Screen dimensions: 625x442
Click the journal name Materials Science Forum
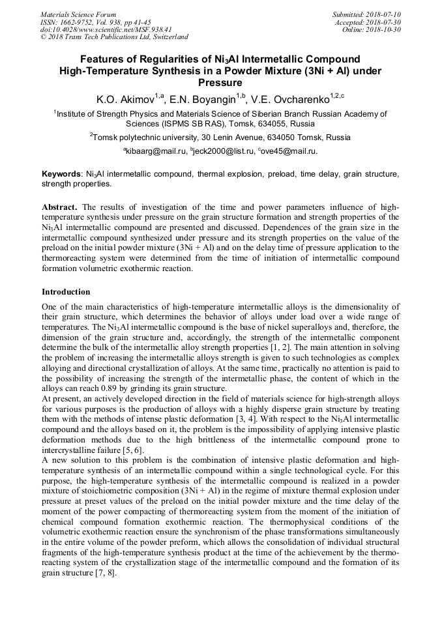pyautogui.click(x=78, y=14)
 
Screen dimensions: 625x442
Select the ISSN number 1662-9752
pyautogui.click(x=83, y=22)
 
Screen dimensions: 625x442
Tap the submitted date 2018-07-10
pyautogui.click(x=384, y=14)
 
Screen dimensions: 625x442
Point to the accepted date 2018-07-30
pyautogui.click(x=384, y=22)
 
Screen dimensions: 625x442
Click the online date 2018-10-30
pyautogui.click(x=384, y=29)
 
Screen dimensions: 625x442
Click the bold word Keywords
pyautogui.click(x=61, y=175)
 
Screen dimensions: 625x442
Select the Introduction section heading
pyautogui.click(x=66, y=292)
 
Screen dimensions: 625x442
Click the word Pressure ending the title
pyautogui.click(x=220, y=83)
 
